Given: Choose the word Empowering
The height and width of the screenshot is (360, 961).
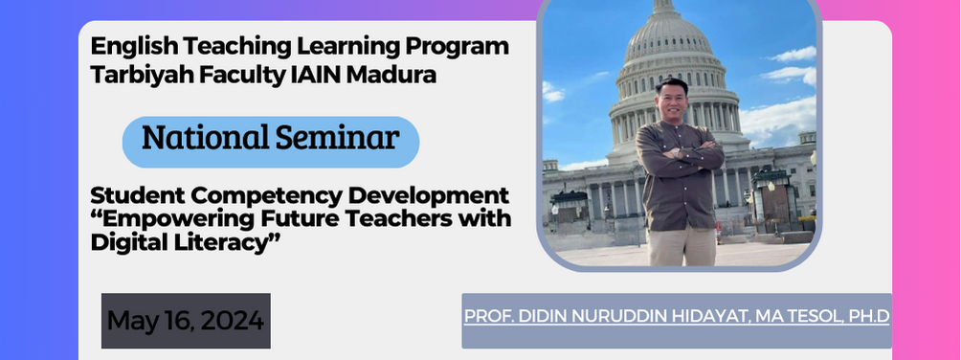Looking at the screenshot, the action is point(168,219).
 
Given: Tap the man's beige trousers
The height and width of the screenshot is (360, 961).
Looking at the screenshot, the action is point(680,246).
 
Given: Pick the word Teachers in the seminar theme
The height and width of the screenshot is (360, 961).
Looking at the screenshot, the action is point(391,219).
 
